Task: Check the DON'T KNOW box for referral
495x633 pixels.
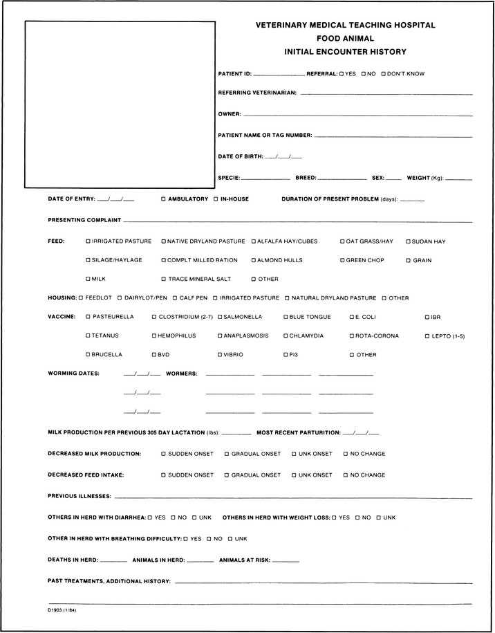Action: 382,73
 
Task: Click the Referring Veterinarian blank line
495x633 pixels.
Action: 386,93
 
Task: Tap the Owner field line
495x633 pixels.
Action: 357,114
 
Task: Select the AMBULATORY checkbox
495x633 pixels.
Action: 163,199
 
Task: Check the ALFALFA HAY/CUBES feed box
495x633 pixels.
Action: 253,241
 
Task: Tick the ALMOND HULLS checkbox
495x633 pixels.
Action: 253,261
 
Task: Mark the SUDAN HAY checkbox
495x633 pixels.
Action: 407,241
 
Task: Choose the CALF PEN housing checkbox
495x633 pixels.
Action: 174,298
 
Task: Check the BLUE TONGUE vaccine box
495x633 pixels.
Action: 285,317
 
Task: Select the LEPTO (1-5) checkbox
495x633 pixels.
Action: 427,336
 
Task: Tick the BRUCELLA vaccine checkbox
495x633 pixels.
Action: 87,355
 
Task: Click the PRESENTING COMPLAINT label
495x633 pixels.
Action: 84,221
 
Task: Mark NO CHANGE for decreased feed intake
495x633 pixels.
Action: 346,475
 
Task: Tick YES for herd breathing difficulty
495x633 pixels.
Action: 185,538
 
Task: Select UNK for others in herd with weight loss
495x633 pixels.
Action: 378,517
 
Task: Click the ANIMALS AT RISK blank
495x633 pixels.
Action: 286,560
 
